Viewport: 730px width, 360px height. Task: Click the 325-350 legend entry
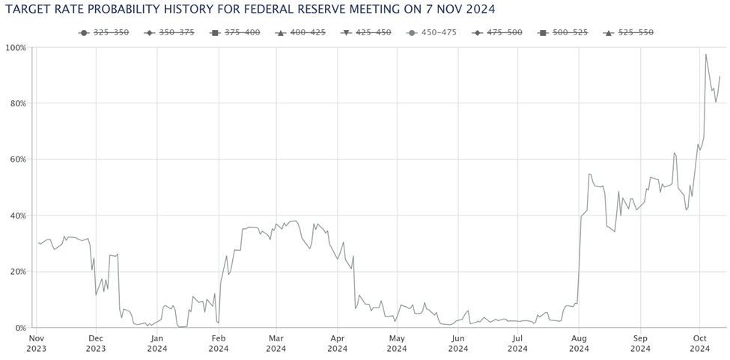[x=105, y=33]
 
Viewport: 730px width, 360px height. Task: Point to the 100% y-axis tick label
[x=15, y=47]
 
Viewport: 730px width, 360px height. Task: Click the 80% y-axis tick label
[x=16, y=103]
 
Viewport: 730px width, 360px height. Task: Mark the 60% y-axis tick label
[x=16, y=159]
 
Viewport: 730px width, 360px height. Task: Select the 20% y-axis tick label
[x=16, y=272]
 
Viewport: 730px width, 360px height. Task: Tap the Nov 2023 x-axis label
[x=36, y=343]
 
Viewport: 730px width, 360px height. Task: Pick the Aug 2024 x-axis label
[x=579, y=343]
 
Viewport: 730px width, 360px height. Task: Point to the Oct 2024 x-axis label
[x=699, y=343]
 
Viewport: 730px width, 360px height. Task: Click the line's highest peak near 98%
[x=706, y=54]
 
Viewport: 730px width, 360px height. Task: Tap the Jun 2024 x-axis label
[x=458, y=343]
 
